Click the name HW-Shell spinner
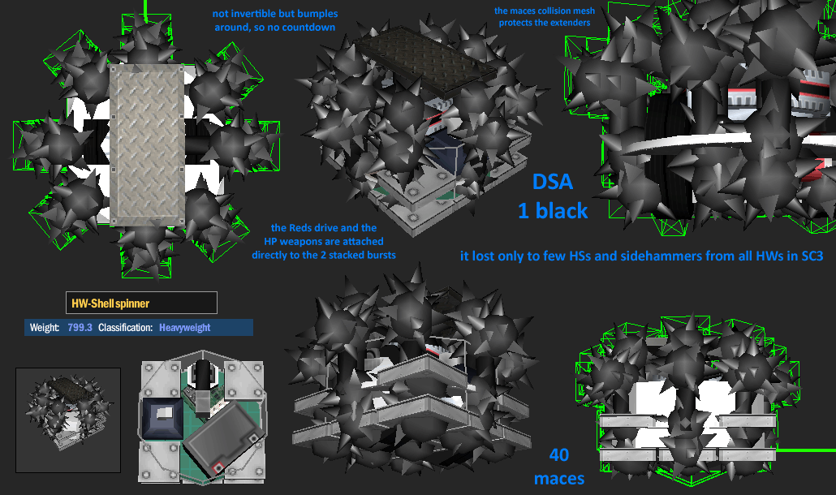(110, 303)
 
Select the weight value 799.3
(80, 327)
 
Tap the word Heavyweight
(184, 328)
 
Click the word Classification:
(125, 327)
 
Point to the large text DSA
(553, 182)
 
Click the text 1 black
(553, 211)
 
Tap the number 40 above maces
(558, 454)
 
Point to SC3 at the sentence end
(812, 256)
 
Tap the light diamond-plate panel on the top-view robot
(147, 145)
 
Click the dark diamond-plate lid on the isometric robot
(427, 62)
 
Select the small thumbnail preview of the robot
(68, 420)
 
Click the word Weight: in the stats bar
(44, 327)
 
